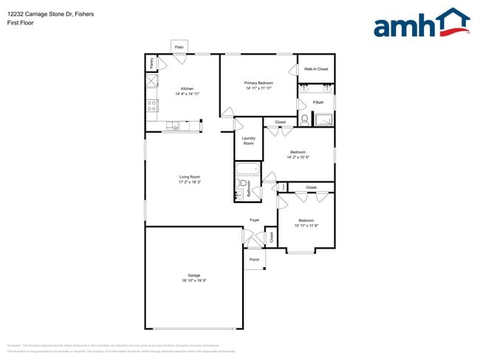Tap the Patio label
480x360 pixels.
pyautogui.click(x=179, y=47)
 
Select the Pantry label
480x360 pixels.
pyautogui.click(x=151, y=63)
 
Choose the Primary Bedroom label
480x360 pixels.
pyautogui.click(x=258, y=83)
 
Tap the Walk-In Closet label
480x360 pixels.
pyautogui.click(x=315, y=69)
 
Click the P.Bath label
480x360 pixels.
pyautogui.click(x=318, y=103)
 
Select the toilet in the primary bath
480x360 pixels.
pyautogui.click(x=304, y=119)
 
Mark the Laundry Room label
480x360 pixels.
pyautogui.click(x=248, y=141)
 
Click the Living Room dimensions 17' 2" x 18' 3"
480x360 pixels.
pyautogui.click(x=189, y=181)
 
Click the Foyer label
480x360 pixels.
pyautogui.click(x=254, y=220)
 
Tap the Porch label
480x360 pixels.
pyautogui.click(x=254, y=260)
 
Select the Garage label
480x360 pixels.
pyautogui.click(x=193, y=275)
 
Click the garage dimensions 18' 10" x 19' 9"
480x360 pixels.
pyautogui.click(x=193, y=280)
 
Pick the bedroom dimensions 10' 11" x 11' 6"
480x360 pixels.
pyautogui.click(x=306, y=225)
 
